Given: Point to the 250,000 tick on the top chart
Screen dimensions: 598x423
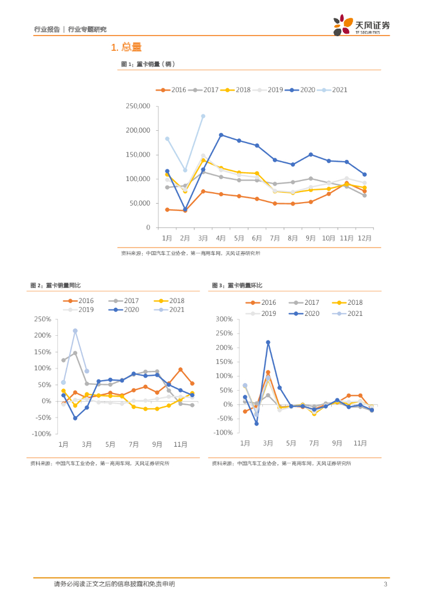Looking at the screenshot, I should [x=138, y=106].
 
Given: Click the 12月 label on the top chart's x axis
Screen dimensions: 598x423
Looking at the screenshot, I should [x=365, y=238].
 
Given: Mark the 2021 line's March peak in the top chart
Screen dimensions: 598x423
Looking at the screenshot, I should [x=203, y=116].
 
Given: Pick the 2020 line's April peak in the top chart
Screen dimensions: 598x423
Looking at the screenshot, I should [x=221, y=135].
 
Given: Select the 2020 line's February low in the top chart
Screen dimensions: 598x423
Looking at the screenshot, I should [x=185, y=209].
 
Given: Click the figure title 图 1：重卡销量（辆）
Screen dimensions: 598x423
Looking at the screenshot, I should [x=148, y=64].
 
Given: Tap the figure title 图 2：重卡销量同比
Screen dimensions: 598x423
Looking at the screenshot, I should [x=56, y=285].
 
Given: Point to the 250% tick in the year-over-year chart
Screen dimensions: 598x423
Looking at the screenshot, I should [x=43, y=319].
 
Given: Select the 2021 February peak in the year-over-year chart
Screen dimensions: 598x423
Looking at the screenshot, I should [x=75, y=331].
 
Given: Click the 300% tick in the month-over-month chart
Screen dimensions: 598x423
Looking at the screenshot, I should [x=225, y=319].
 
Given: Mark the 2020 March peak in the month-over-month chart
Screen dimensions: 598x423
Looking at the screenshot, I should [x=268, y=342].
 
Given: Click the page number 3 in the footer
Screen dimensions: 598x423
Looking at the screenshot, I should [x=385, y=584].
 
